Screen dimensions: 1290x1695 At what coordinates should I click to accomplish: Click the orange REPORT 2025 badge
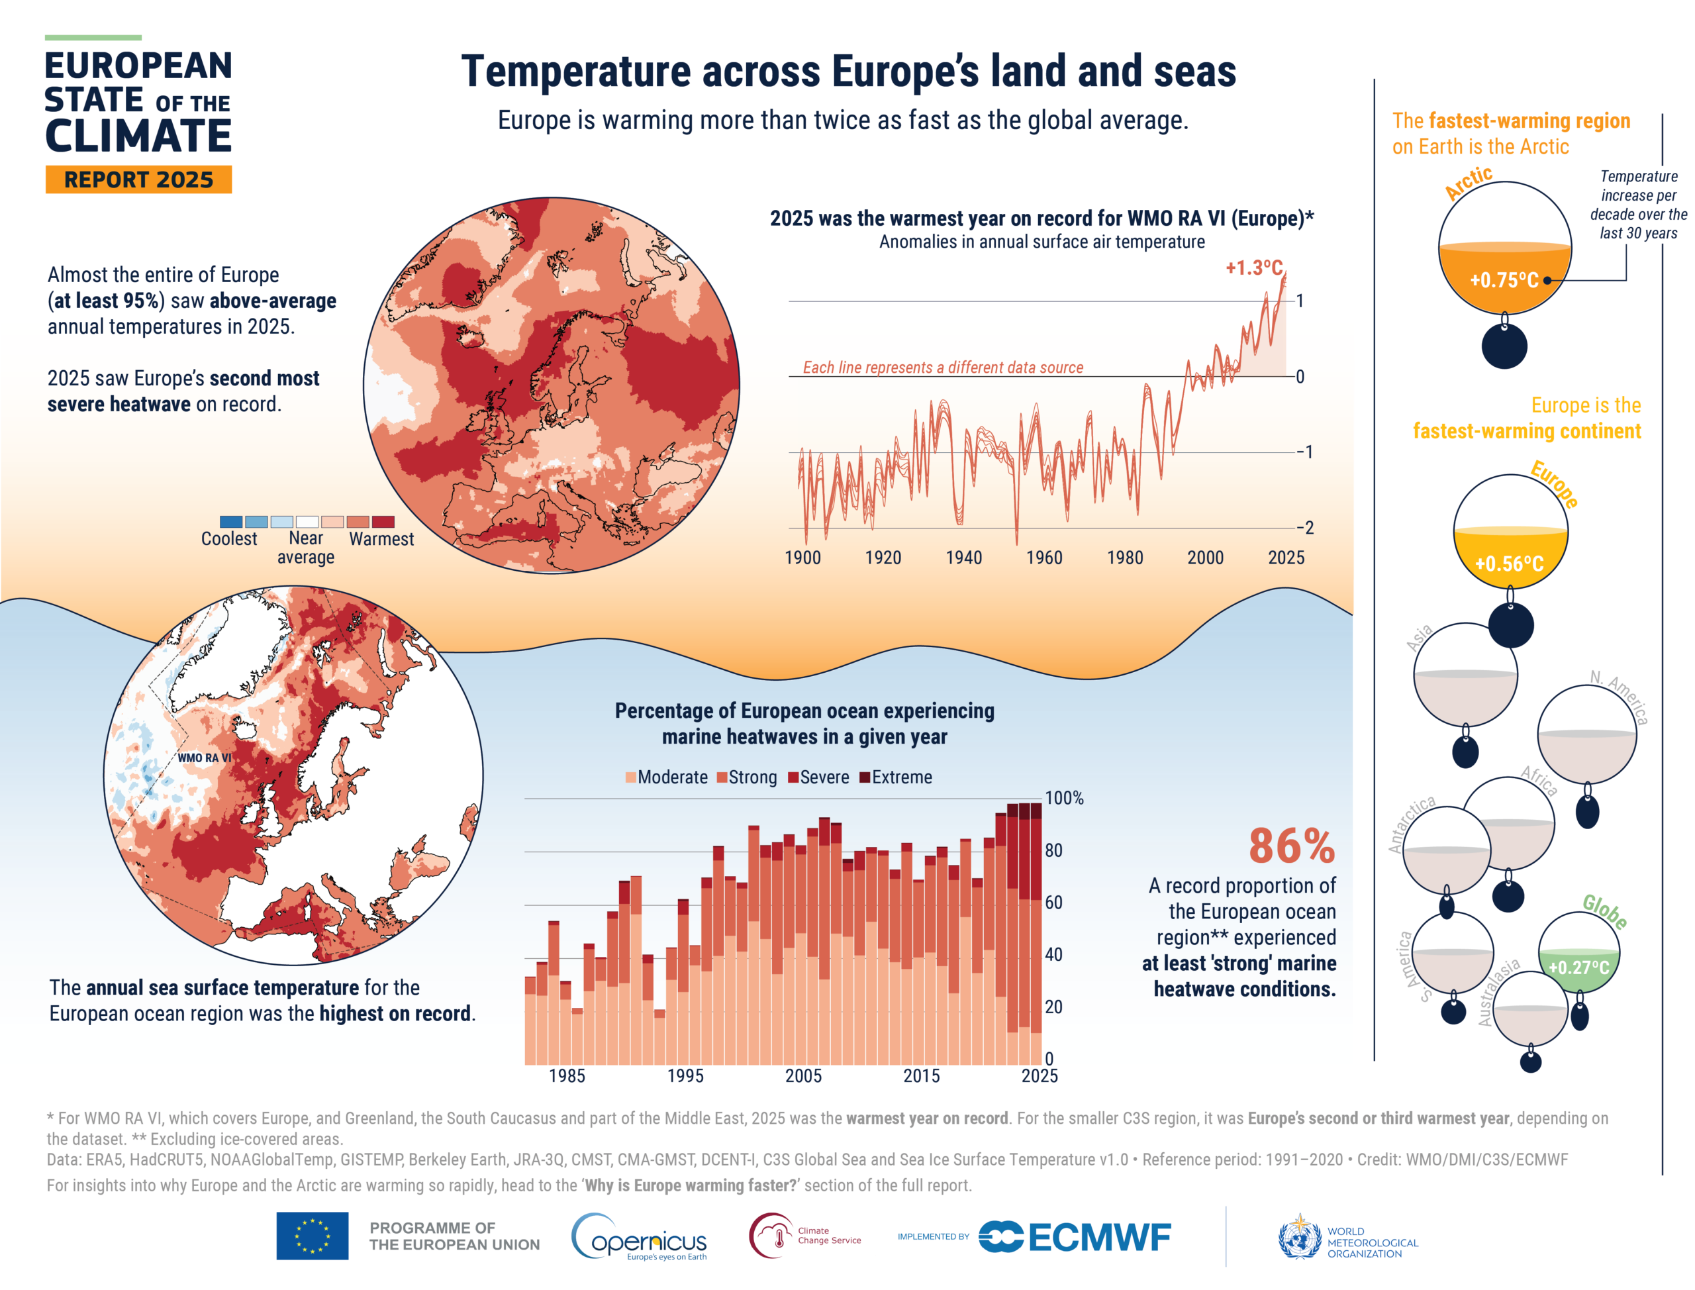[138, 179]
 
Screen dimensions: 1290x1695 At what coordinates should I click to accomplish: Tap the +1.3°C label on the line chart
[1253, 268]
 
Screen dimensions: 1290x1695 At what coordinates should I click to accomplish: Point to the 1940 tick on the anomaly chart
[963, 558]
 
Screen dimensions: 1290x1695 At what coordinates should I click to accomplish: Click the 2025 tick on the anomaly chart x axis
[1286, 558]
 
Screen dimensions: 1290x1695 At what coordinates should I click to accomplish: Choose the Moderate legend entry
[666, 777]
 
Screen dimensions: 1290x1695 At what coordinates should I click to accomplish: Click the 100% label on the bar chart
[1064, 798]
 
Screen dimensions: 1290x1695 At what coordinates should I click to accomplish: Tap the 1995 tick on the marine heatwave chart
[685, 1075]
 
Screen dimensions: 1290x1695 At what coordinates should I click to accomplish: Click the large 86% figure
[1291, 846]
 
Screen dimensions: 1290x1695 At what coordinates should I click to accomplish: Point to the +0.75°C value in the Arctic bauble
[1503, 280]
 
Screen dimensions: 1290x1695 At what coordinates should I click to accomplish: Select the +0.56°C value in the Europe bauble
[1508, 564]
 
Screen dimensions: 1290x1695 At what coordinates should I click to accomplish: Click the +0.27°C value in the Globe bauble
[1578, 967]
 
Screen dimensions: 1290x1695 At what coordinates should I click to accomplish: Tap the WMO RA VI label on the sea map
[204, 758]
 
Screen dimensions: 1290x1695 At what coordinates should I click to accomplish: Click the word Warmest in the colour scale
[381, 539]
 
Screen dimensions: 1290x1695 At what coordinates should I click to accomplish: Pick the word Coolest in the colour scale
[229, 539]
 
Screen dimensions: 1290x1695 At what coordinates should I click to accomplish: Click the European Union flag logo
[313, 1236]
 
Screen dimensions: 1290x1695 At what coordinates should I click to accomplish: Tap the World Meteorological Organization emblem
[1299, 1237]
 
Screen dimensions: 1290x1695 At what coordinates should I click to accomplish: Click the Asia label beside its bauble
[1420, 637]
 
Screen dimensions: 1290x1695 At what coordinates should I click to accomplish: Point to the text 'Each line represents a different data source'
[943, 368]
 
